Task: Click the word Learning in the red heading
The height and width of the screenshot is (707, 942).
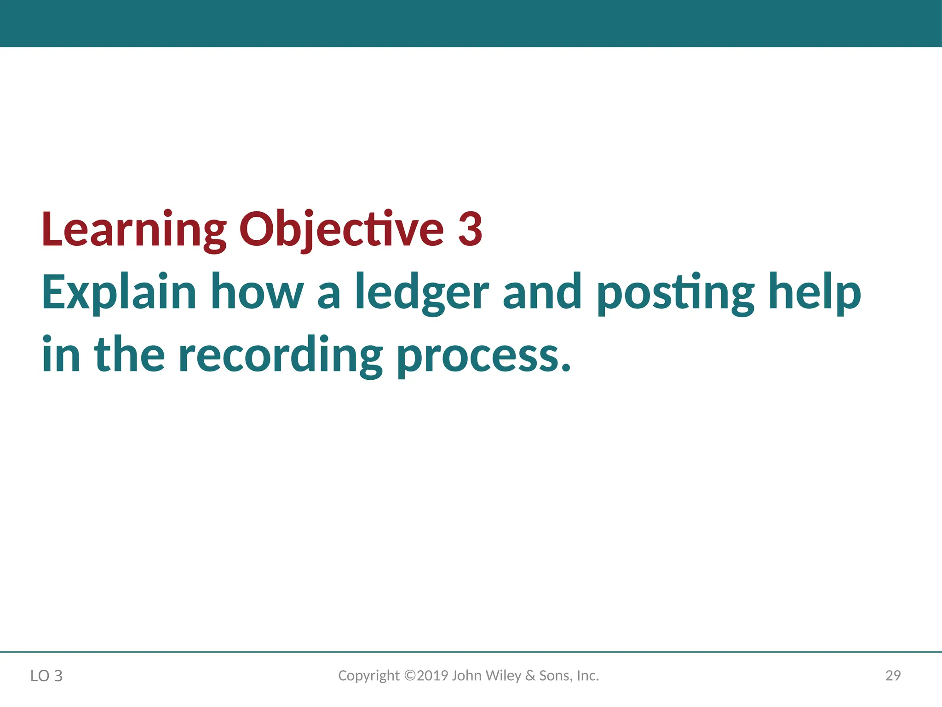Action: point(133,229)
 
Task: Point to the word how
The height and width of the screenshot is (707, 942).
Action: point(257,292)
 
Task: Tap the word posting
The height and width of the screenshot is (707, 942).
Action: point(675,293)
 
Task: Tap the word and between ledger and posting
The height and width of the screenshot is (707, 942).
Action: point(542,292)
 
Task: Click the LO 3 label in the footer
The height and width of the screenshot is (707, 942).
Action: point(46,676)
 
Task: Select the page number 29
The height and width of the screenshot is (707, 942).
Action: point(893,675)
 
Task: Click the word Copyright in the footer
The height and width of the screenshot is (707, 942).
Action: point(369,676)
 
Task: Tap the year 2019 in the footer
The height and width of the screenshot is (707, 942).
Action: point(432,675)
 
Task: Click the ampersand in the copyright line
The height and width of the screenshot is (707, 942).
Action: point(530,675)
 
